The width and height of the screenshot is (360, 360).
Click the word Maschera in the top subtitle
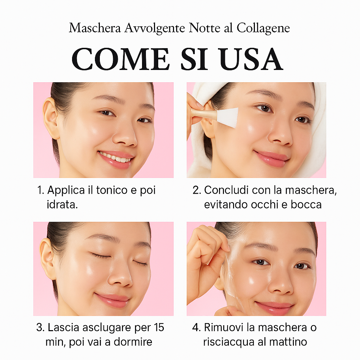(x=95, y=28)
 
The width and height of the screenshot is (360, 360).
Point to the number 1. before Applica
(x=41, y=191)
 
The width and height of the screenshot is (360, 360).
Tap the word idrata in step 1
(x=62, y=204)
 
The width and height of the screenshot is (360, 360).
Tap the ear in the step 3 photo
(x=47, y=258)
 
